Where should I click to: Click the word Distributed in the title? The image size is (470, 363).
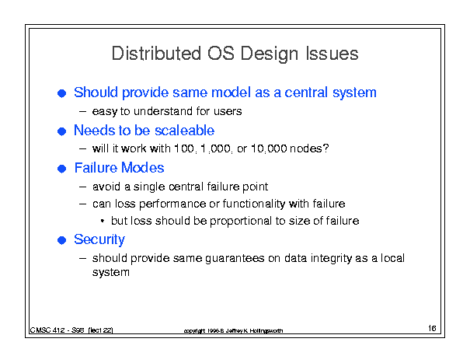click(156, 54)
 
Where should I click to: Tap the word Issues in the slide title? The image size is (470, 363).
click(332, 54)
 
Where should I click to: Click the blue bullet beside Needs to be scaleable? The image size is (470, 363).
click(61, 131)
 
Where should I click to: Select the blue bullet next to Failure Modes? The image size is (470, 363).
click(61, 169)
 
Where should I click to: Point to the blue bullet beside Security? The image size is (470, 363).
click(61, 240)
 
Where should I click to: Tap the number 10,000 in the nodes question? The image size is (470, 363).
click(269, 148)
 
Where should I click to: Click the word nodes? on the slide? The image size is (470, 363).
click(309, 148)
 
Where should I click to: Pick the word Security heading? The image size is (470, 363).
click(99, 239)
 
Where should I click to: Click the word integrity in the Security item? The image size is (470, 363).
click(332, 258)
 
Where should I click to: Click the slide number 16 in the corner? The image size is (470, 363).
click(432, 328)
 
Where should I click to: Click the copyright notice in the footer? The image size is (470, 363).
click(233, 330)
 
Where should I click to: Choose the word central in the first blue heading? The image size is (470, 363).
click(306, 92)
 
